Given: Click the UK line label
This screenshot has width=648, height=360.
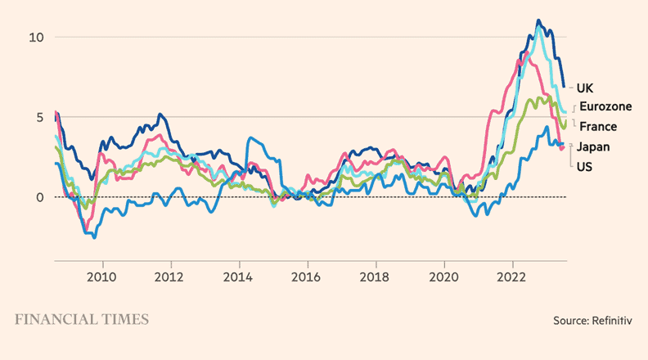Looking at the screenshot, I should [x=584, y=88].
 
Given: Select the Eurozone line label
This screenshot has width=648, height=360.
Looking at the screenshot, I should [x=609, y=106].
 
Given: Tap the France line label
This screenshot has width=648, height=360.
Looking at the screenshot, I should [x=597, y=127].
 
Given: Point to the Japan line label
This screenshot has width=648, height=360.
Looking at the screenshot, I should [x=595, y=146].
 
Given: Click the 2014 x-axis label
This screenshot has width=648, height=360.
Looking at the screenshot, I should [x=239, y=277].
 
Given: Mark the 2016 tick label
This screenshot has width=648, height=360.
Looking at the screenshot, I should [x=308, y=277].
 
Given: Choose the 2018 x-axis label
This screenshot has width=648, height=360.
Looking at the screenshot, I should [x=376, y=277].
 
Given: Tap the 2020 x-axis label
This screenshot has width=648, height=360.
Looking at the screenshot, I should [x=444, y=277].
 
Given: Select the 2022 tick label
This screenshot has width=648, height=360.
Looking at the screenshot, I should [x=512, y=277].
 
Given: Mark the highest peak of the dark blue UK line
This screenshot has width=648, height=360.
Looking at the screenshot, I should [x=538, y=20].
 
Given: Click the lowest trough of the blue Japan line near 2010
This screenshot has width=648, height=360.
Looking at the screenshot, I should [x=95, y=237].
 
